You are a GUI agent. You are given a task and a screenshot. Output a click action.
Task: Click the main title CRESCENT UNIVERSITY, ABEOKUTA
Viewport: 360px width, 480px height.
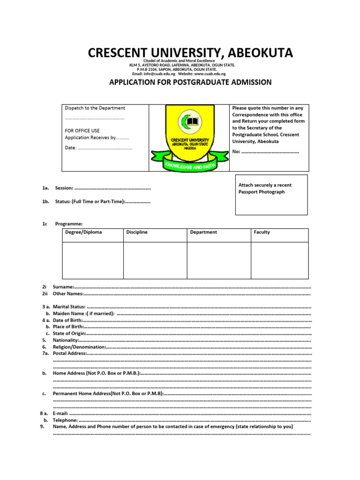click(x=190, y=52)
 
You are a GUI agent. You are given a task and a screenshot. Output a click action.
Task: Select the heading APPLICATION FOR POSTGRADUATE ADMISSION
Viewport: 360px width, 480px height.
click(x=190, y=82)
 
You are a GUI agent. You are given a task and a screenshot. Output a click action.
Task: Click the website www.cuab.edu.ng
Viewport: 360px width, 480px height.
click(x=210, y=74)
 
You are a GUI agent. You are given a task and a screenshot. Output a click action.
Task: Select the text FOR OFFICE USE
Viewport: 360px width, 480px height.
click(x=82, y=131)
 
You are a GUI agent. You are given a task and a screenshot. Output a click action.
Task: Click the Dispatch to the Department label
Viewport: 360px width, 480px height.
click(x=95, y=108)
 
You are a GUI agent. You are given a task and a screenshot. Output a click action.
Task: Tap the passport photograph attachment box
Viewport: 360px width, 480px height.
click(x=271, y=195)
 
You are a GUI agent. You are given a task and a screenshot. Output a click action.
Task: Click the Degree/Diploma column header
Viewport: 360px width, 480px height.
click(x=83, y=232)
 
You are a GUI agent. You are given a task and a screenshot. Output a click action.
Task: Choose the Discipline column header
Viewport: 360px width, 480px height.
click(x=137, y=232)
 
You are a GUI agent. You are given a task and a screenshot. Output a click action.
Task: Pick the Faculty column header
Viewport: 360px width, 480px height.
click(x=262, y=232)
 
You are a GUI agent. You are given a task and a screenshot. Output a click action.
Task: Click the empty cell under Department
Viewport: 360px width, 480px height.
click(x=218, y=260)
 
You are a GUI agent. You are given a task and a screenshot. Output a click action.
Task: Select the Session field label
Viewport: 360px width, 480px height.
click(x=64, y=188)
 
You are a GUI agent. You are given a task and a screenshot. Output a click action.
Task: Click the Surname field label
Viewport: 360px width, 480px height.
click(x=63, y=286)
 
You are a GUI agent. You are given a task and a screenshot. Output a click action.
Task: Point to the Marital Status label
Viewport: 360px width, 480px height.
click(x=69, y=307)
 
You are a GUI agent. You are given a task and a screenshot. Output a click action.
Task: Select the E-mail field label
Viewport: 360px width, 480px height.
click(x=61, y=414)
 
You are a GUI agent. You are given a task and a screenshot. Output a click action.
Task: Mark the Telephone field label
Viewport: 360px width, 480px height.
click(x=65, y=420)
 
